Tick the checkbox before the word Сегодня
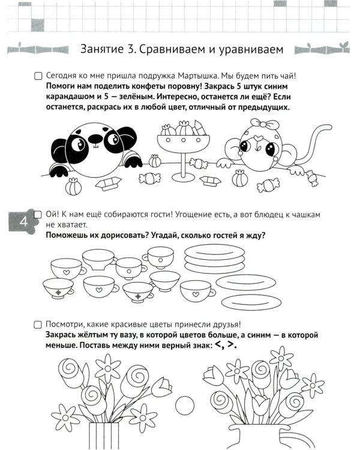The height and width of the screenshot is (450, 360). tap(38, 77)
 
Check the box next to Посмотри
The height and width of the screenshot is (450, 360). tap(38, 325)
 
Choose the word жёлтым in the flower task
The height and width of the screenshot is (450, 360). tap(95, 335)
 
